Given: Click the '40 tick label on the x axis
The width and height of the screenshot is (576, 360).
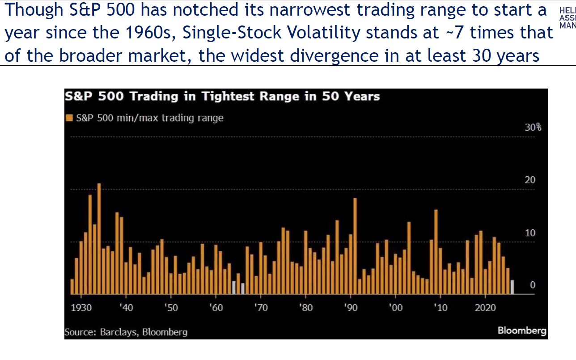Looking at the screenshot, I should point(126,308).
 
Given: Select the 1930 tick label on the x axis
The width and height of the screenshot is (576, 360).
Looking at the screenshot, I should point(80,308).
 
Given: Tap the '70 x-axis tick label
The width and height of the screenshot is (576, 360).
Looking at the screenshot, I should point(261,308).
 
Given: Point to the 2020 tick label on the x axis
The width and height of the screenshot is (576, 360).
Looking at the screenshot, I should point(485,308).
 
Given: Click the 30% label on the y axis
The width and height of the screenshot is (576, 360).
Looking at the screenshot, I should point(533,127).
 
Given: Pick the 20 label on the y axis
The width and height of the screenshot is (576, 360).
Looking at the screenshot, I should point(530,180).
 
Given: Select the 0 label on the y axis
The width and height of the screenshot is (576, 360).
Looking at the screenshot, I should point(533,285).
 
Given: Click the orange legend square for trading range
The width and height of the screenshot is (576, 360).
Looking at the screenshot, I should point(70,118).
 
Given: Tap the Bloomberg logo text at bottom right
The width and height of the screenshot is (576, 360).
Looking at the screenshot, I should point(522,331).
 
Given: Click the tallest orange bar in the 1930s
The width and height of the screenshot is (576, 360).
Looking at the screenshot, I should point(99,239).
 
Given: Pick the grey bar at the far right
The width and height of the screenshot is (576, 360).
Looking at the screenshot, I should point(512,287).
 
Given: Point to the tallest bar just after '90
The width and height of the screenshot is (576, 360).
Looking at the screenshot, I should point(355,246).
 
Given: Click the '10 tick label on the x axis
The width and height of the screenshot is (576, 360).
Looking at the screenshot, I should point(440,308).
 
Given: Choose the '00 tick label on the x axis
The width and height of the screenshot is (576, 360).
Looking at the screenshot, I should point(396,308).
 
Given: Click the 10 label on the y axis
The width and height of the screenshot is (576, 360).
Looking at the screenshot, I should point(530,233).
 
